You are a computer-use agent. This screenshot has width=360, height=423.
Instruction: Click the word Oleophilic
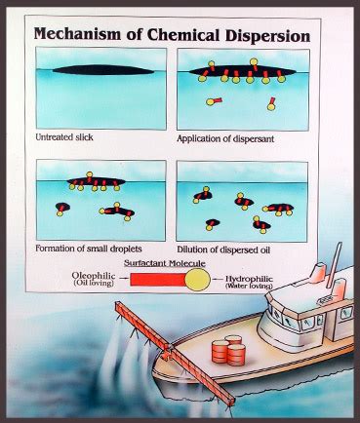[x=94, y=276]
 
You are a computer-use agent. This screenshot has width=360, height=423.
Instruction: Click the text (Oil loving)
[x=95, y=287]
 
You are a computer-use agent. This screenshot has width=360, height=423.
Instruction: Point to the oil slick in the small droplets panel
[x=94, y=182]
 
